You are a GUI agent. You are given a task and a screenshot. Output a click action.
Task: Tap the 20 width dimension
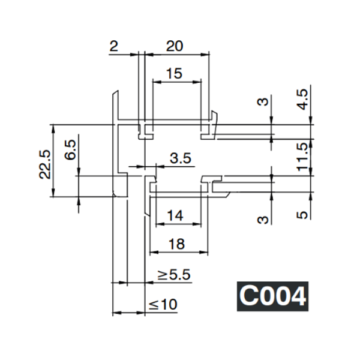pyautogui.click(x=175, y=46)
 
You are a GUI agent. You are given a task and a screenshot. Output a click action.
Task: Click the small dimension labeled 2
pyautogui.click(x=114, y=46)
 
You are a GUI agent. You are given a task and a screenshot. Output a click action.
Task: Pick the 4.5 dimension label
pyautogui.click(x=303, y=98)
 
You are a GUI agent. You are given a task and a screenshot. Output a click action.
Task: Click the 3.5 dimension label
pyautogui.click(x=180, y=158)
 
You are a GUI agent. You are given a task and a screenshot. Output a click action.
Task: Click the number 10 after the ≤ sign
pyautogui.click(x=170, y=305)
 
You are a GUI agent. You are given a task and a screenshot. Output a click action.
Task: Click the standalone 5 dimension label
pyautogui.click(x=303, y=214)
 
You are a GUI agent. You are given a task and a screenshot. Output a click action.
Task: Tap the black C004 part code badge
pyautogui.click(x=272, y=296)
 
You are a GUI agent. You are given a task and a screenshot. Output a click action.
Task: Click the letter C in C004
pyautogui.click(x=248, y=296)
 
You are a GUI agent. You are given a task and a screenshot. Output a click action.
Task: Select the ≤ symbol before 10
pyautogui.click(x=154, y=305)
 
